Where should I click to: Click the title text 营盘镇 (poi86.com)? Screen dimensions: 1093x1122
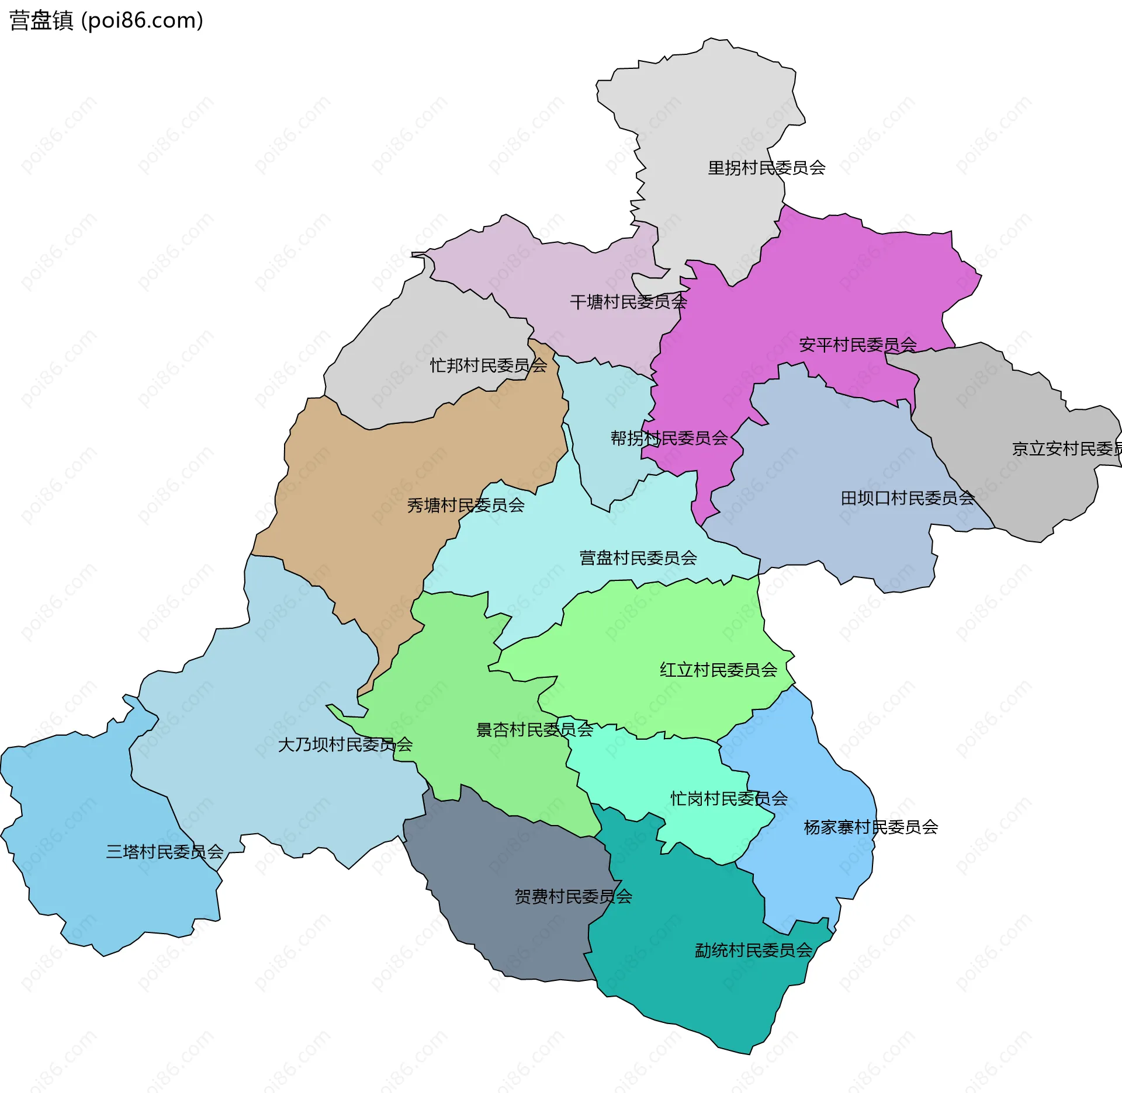[106, 20]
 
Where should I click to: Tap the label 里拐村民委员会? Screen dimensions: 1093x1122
[766, 168]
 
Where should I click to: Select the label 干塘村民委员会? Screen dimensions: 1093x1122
[628, 302]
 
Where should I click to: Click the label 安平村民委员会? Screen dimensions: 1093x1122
[857, 345]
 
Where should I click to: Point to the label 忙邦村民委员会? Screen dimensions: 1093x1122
[488, 366]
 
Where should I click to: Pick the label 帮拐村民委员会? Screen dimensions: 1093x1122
[669, 438]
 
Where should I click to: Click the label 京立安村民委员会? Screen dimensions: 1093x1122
[1066, 449]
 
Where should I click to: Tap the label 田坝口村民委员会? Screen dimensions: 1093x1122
[907, 498]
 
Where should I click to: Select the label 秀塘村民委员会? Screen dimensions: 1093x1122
[465, 505]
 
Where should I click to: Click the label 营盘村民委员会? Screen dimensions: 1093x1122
[638, 558]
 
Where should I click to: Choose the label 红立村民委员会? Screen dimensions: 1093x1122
[718, 670]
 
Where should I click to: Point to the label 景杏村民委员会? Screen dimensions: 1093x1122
[534, 730]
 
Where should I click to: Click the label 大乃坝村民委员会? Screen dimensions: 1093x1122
[345, 744]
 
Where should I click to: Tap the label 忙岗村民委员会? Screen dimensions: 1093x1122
[728, 799]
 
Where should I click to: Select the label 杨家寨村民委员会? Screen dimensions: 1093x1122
[870, 827]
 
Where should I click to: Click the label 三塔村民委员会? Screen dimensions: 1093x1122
[164, 852]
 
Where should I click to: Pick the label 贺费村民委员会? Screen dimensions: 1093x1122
[573, 896]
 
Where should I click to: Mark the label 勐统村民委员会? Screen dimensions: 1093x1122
[753, 951]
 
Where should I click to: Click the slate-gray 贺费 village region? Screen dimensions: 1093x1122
[514, 934]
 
